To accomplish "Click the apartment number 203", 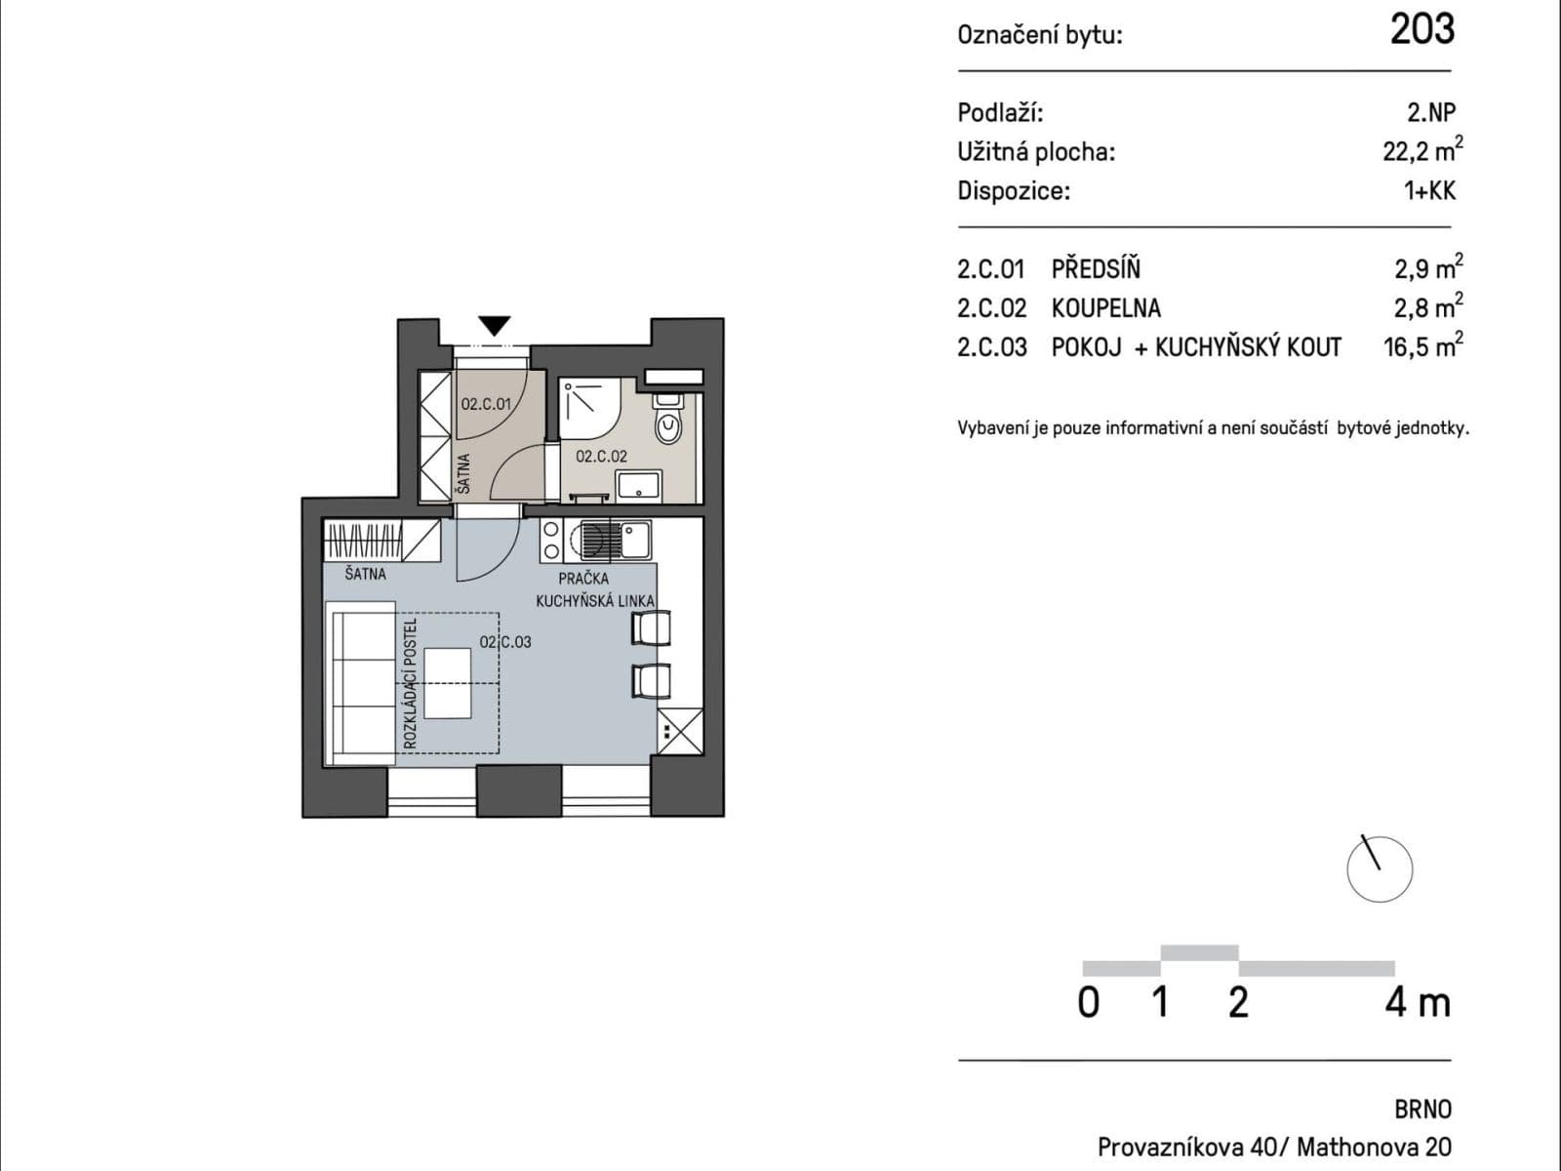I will coord(1421,29).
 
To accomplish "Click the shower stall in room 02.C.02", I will coord(588,409).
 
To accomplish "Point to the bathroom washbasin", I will coord(639,484).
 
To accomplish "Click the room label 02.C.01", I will coord(486,403).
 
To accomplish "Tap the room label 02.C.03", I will coord(505,642).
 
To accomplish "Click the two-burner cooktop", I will coord(551,540).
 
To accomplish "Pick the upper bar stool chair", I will coord(651,627).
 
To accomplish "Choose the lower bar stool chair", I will coord(651,680).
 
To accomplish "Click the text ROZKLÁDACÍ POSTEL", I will coord(411,683).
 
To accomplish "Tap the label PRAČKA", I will coord(583,579).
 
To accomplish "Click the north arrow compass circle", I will coord(1380,868).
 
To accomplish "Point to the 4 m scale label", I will coord(1417,1003).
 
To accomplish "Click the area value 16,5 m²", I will coord(1422,347).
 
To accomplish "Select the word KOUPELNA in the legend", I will coord(1105,308).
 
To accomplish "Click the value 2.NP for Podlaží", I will coord(1430,112).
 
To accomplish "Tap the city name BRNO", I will coord(1422,1110).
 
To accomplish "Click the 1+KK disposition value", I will coord(1429,190).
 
